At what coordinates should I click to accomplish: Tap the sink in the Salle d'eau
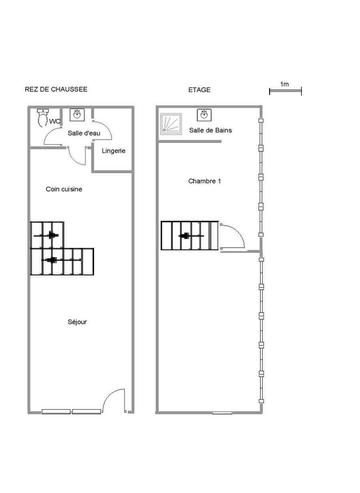coord(76,115)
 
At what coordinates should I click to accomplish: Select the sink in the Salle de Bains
coord(204,115)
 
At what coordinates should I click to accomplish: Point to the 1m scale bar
coord(285,91)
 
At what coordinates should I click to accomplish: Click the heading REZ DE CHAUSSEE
coord(56,89)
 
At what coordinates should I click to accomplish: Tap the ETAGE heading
coord(199,90)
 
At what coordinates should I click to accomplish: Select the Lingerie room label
coord(114,151)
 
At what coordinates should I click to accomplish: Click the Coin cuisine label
coord(64,189)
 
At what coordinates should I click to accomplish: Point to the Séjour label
coord(77,322)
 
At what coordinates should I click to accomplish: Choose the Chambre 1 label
coord(204,181)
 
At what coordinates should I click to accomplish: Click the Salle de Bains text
coord(210,130)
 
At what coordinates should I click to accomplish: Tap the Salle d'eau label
coord(84,133)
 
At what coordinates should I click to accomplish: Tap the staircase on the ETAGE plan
coord(190,236)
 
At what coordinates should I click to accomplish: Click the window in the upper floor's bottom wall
coord(222,413)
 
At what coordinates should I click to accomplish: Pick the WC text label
coord(55,121)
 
